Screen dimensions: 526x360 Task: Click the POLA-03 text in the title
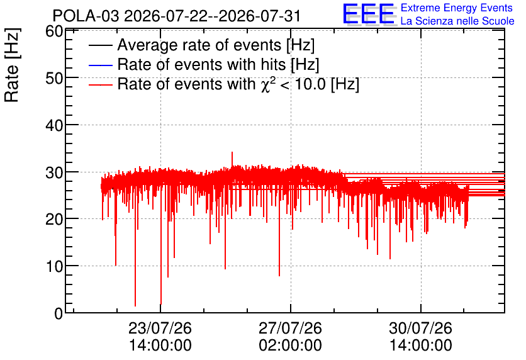click(x=86, y=16)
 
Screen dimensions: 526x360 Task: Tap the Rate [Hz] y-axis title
click(x=12, y=65)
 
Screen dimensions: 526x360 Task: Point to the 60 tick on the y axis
click(x=54, y=31)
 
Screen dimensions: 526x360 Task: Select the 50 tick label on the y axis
click(x=54, y=78)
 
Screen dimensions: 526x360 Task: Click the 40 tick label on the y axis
click(x=54, y=125)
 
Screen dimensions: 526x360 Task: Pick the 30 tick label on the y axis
click(x=54, y=172)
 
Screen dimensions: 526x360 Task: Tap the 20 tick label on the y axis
click(x=54, y=220)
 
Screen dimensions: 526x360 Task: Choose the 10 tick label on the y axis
click(x=54, y=266)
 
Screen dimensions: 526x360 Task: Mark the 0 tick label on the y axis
click(x=59, y=313)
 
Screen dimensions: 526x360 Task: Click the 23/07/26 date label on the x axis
click(x=160, y=328)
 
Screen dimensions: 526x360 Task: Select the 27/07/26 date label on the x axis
click(x=290, y=328)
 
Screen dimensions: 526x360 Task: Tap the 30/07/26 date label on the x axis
click(x=420, y=328)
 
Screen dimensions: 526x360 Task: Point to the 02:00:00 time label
click(x=290, y=345)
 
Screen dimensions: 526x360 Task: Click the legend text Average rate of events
click(x=199, y=45)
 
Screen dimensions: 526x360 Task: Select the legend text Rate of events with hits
click(x=201, y=64)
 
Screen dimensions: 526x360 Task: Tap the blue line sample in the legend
click(x=100, y=65)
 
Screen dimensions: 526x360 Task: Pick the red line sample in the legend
click(x=100, y=85)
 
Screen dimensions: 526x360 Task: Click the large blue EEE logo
click(x=369, y=14)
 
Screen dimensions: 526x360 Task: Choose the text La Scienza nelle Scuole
click(x=457, y=21)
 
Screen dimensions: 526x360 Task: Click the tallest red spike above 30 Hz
click(x=232, y=159)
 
